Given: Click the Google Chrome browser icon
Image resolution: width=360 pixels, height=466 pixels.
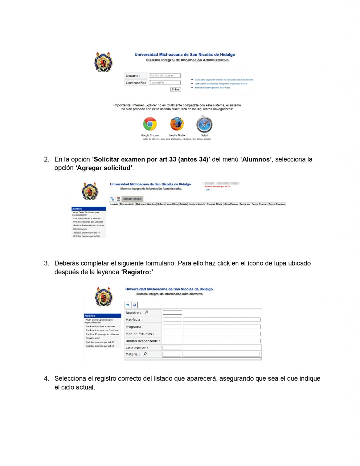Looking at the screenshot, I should [x=150, y=124].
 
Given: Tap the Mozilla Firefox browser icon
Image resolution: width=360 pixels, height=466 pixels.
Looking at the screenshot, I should [x=177, y=124].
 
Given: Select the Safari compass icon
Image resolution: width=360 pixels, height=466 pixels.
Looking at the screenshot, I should [x=204, y=124].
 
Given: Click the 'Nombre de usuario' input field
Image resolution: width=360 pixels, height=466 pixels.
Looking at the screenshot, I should [x=165, y=76].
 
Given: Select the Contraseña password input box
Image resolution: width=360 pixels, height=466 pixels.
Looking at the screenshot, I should [x=165, y=83].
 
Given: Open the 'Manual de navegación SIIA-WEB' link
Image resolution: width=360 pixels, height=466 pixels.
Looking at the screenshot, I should [x=212, y=88].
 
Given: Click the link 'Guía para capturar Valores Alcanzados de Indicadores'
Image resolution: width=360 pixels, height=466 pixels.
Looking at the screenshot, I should [x=224, y=80].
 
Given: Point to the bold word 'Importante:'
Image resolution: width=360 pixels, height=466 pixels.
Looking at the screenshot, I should [x=122, y=105].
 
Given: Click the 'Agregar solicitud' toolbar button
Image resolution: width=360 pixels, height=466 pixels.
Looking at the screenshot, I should [x=132, y=199].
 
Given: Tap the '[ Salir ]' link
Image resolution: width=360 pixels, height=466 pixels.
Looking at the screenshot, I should [x=208, y=190].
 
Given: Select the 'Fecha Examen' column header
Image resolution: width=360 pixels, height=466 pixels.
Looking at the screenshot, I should [x=259, y=204].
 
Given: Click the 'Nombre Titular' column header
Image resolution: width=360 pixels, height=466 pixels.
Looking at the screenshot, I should [x=215, y=204].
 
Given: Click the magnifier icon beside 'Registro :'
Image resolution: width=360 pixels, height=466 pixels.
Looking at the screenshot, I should [x=146, y=312].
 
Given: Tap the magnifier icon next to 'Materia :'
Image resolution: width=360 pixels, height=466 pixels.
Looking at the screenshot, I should [x=145, y=354].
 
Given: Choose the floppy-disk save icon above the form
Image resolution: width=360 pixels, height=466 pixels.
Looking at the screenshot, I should [x=134, y=305].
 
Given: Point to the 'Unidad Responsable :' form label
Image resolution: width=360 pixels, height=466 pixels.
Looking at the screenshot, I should [x=143, y=341].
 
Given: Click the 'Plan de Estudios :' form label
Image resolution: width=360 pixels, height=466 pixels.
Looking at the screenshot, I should [x=140, y=334].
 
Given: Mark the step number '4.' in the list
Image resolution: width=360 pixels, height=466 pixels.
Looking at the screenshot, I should [x=46, y=378].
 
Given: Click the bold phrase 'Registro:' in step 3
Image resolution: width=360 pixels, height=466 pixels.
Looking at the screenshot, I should [x=137, y=272].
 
